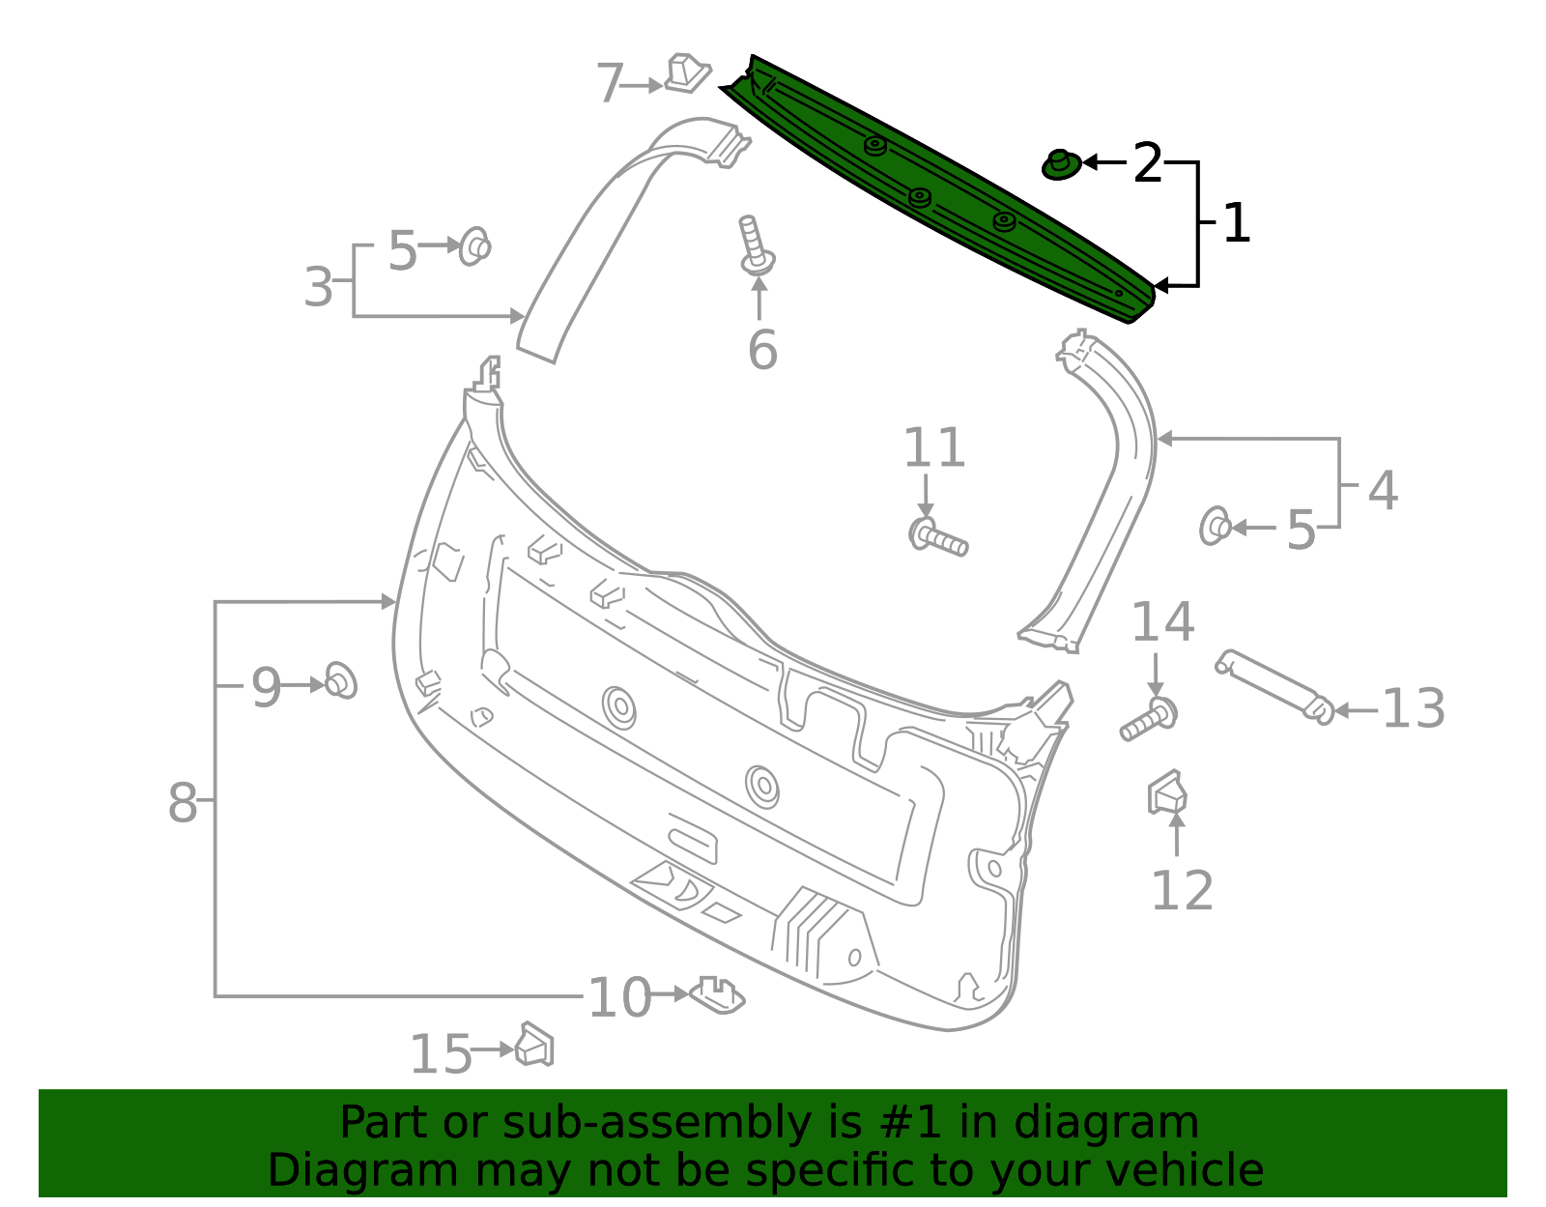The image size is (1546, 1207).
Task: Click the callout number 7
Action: click(x=610, y=84)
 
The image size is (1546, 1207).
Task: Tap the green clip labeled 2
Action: click(x=1061, y=164)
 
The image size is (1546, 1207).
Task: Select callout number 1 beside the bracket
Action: click(x=1237, y=224)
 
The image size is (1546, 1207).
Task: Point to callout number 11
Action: click(x=933, y=448)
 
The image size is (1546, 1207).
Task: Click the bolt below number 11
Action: click(x=937, y=536)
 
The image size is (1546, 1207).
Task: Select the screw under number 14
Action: click(x=1150, y=718)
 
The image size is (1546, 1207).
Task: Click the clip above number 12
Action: click(x=1167, y=793)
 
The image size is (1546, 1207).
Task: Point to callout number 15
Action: click(x=441, y=1053)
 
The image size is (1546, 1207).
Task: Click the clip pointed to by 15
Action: click(x=534, y=1045)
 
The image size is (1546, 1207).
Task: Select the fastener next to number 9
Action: click(x=340, y=681)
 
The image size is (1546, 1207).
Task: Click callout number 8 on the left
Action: click(x=182, y=803)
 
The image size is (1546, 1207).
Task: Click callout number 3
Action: click(x=318, y=288)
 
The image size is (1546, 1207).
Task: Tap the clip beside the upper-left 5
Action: click(x=474, y=246)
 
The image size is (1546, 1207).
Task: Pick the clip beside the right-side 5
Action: click(x=1215, y=527)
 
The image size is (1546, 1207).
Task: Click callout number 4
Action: click(x=1383, y=491)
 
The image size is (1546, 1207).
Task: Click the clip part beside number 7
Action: click(x=687, y=73)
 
